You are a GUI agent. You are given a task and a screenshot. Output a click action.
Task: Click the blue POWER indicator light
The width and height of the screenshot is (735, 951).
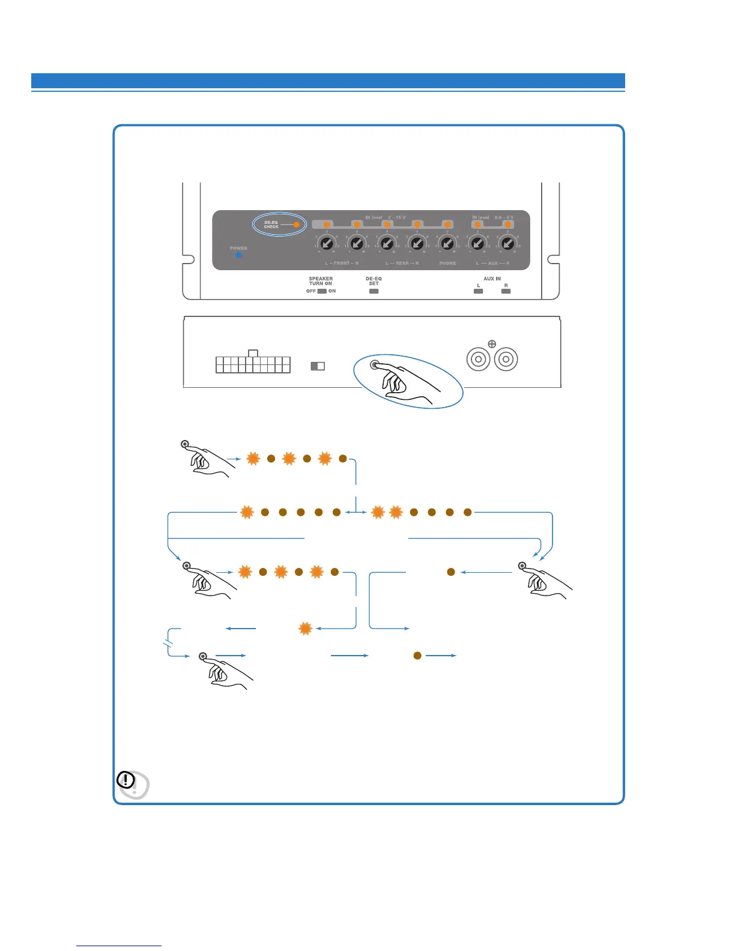238,255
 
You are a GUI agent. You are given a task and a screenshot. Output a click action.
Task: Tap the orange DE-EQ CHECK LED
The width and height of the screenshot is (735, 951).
296,225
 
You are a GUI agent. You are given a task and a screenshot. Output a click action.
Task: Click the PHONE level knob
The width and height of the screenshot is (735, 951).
447,244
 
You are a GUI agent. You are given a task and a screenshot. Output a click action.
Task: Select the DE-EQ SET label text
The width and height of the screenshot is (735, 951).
374,281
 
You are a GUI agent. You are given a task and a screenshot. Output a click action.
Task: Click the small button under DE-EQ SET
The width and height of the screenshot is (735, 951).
374,291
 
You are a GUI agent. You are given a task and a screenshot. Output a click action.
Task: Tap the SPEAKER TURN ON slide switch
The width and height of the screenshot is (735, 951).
322,291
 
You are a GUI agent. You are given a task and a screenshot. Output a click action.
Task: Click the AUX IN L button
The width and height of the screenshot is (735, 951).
478,291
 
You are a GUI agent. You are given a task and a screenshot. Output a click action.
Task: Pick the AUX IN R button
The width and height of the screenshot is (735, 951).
506,291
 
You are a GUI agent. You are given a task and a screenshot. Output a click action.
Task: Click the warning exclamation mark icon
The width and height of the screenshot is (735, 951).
126,780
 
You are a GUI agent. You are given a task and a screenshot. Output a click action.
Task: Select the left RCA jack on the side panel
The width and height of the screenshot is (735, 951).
479,360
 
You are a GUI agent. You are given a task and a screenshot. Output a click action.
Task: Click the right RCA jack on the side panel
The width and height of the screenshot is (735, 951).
506,360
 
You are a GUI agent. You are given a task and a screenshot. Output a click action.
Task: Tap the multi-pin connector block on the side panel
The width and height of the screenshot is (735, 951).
253,364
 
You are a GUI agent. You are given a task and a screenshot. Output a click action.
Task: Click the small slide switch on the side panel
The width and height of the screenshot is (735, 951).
318,366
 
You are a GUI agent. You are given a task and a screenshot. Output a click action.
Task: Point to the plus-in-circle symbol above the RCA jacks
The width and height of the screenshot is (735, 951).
492,344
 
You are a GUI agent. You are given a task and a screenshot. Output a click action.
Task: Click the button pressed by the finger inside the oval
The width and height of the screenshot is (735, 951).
375,365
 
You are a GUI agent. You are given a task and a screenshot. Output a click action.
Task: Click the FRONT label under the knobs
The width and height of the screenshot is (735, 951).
342,264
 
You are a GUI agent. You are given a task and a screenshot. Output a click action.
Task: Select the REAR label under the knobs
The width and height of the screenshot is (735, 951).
402,264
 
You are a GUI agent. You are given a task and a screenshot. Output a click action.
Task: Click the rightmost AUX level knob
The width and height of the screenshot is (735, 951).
507,244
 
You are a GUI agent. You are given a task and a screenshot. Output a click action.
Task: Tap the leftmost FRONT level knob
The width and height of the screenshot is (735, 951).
326,244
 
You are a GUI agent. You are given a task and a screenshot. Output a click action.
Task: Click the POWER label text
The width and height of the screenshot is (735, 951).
238,248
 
